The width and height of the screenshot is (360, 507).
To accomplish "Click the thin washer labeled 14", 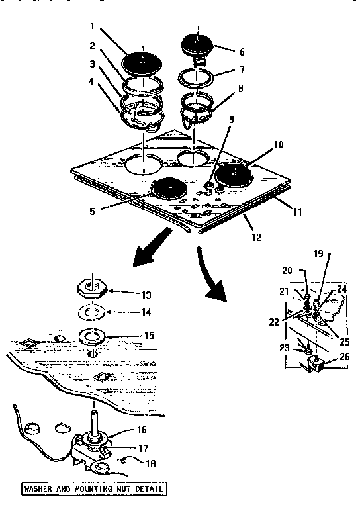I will [95, 311].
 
